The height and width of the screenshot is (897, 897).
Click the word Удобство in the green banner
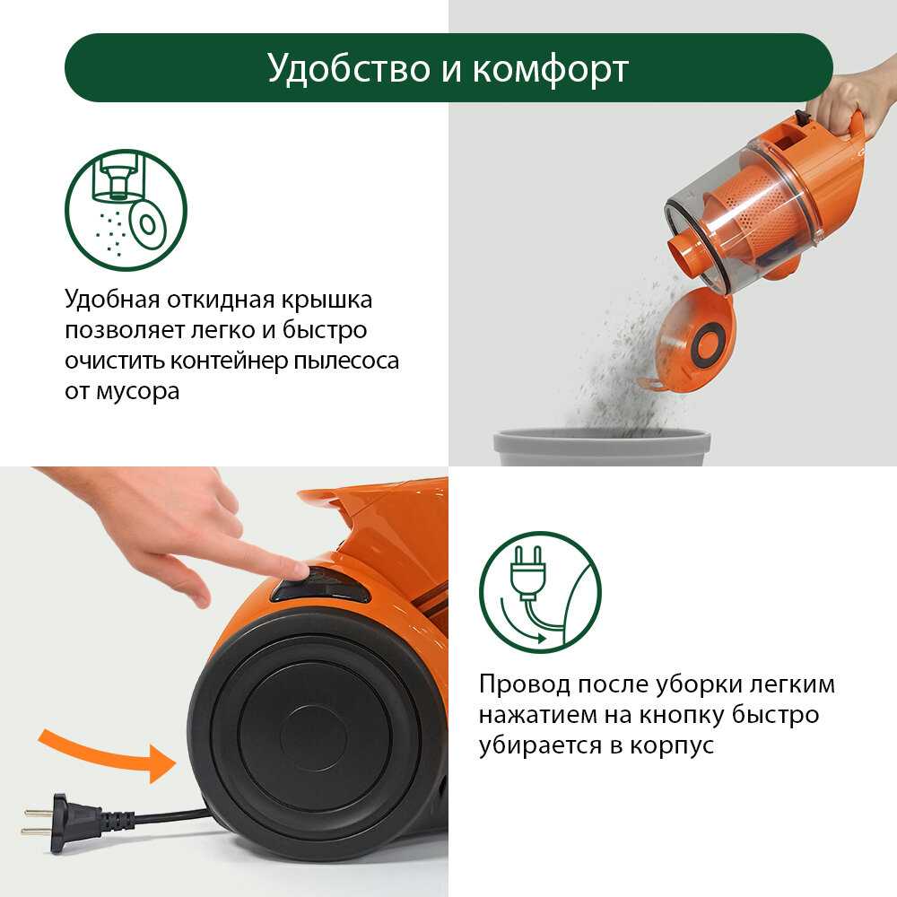tap(349, 69)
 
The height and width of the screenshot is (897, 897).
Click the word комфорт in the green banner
tap(551, 70)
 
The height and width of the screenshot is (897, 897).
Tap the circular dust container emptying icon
tap(126, 210)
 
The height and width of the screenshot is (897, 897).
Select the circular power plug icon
tap(540, 593)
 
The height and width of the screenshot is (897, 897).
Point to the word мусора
tap(137, 392)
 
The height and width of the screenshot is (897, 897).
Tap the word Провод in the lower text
tap(524, 684)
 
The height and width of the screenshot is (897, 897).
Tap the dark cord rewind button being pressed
tap(320, 585)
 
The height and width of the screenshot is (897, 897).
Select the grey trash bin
tap(602, 448)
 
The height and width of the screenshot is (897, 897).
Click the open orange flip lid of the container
tap(693, 341)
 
